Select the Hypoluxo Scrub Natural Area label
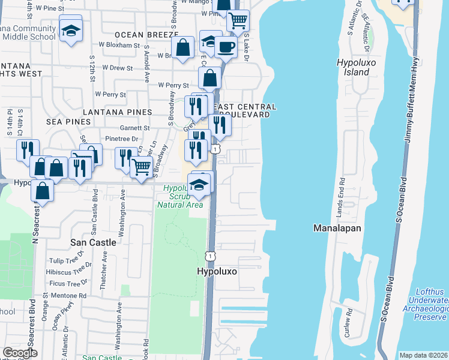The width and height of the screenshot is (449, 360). point(180,196)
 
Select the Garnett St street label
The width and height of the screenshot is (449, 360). point(135,128)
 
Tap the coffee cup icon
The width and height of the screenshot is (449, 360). point(226,46)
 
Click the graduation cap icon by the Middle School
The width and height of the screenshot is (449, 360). point(71,30)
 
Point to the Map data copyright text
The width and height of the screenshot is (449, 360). point(424,355)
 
